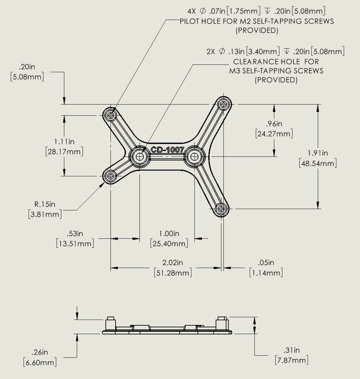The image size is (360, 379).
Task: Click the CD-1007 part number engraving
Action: tap(167, 149)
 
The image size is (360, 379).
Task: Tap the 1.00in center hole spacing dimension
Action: tap(169, 238)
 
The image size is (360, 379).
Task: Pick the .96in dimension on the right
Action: tap(274, 128)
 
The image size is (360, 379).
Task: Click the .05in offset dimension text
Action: tap(266, 267)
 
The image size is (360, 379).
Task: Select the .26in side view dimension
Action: tap(40, 357)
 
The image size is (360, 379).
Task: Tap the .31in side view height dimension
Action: tap(292, 355)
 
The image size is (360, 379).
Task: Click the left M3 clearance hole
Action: tap(140, 156)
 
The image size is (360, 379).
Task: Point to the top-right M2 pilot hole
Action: tap(223, 105)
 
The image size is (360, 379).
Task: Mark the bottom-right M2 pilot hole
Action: tap(221, 209)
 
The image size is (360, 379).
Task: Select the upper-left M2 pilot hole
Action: tap(111, 115)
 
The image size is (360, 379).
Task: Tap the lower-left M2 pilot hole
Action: tap(111, 175)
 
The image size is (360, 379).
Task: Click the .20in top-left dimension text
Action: tap(27, 72)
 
